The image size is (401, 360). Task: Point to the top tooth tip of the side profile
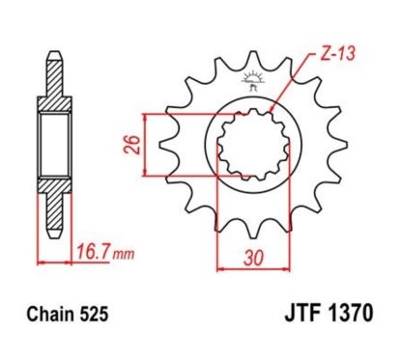[53, 53]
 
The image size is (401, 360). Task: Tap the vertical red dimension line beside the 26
[145, 145]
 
